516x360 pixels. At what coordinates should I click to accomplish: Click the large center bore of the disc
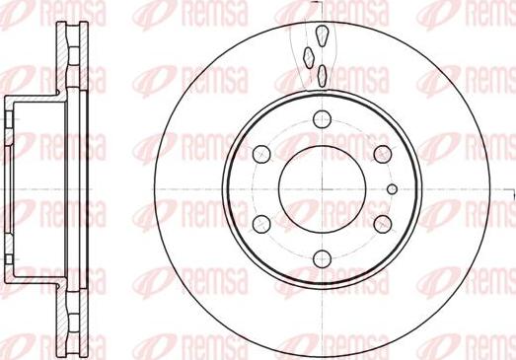click(321, 188)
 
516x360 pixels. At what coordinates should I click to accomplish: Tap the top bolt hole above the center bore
click(321, 119)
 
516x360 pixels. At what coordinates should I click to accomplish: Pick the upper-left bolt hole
click(261, 154)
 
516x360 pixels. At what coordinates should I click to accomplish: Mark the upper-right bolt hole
click(381, 154)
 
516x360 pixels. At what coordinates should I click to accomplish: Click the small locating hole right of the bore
click(392, 188)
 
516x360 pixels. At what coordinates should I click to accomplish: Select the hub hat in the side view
click(30, 187)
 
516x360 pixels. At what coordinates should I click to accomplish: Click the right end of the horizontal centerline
click(509, 188)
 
